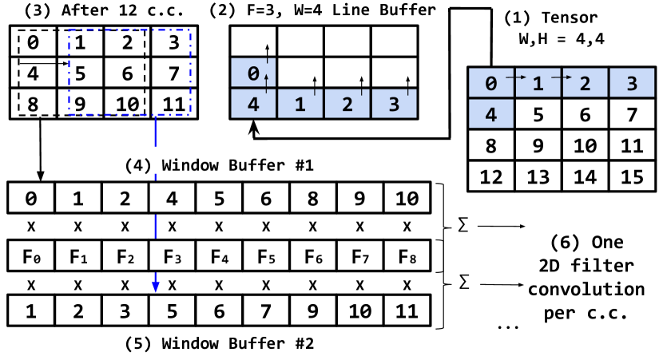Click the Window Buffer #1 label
[219, 164]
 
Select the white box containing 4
[172, 199]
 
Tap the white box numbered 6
[266, 199]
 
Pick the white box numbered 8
[312, 199]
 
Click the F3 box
[172, 256]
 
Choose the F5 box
[265, 256]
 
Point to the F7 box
[359, 256]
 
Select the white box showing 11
[632, 145]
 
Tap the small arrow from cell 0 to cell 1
[516, 77]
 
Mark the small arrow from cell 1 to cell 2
[563, 77]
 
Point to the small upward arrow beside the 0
[265, 77]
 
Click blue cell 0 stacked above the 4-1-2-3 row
[252, 73]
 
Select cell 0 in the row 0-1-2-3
[490, 83]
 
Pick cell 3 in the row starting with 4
[394, 104]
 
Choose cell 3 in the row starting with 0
[632, 83]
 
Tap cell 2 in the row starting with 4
[347, 104]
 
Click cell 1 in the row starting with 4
[300, 104]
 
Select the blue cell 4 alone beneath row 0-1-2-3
[490, 114]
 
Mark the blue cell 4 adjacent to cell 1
[253, 104]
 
